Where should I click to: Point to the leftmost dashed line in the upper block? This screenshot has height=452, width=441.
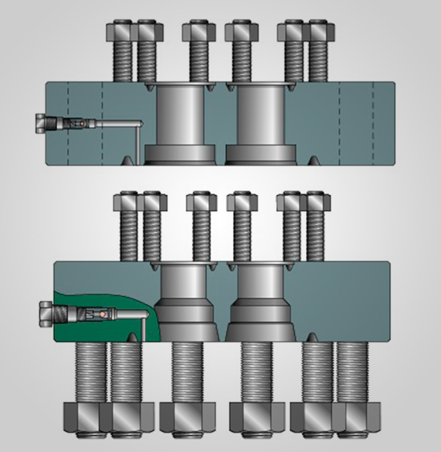68,124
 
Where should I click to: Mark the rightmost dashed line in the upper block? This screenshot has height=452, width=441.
373,124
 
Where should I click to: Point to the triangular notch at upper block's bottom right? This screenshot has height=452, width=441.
313,160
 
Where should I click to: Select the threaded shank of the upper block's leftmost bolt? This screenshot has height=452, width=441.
122,61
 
